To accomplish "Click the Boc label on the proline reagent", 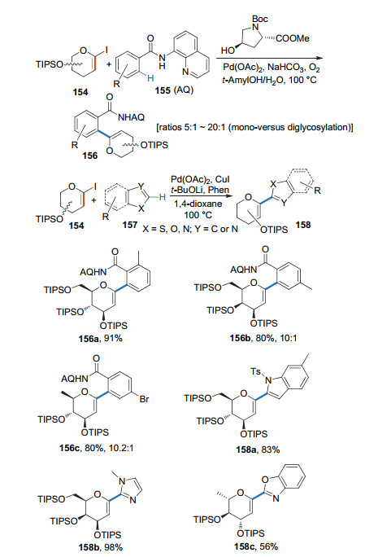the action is pyautogui.click(x=259, y=19).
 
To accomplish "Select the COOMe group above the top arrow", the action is pyautogui.click(x=293, y=38).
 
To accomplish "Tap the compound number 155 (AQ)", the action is pyautogui.click(x=174, y=90).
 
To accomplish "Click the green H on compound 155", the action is pyautogui.click(x=150, y=78).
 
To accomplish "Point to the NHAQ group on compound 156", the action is pyautogui.click(x=131, y=117).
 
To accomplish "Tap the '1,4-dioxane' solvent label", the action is pyautogui.click(x=198, y=204).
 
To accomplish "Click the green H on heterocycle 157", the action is pyautogui.click(x=162, y=197).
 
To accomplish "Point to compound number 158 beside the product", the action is pyautogui.click(x=303, y=225).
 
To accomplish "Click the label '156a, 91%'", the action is pyautogui.click(x=100, y=338).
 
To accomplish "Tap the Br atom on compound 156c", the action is pyautogui.click(x=145, y=399).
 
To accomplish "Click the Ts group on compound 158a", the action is pyautogui.click(x=256, y=372).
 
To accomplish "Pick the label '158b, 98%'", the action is pyautogui.click(x=101, y=547).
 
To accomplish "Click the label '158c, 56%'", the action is pyautogui.click(x=256, y=546).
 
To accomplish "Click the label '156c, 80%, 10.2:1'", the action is pyautogui.click(x=97, y=448).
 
